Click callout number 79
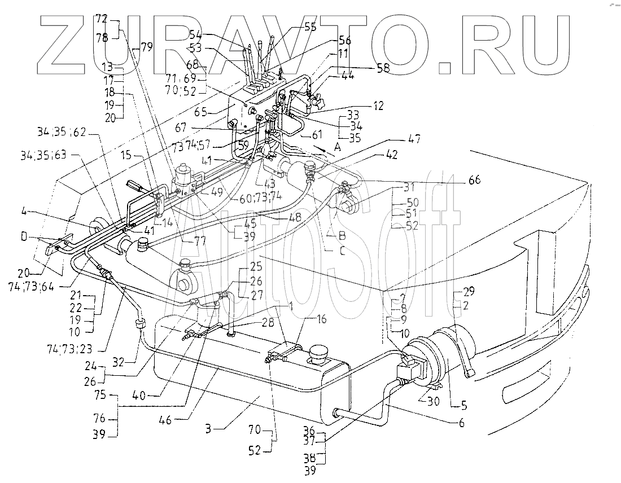(146, 48)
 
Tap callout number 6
(462, 423)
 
